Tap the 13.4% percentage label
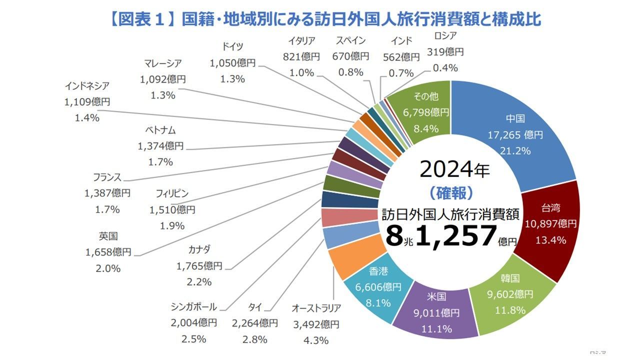[550, 240]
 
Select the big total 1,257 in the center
[455, 236]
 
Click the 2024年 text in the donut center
[454, 170]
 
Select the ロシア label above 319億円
[445, 35]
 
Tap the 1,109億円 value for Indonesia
[87, 102]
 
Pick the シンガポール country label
[193, 306]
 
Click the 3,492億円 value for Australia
[316, 324]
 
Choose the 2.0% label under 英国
[108, 268]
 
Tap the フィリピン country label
[172, 193]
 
